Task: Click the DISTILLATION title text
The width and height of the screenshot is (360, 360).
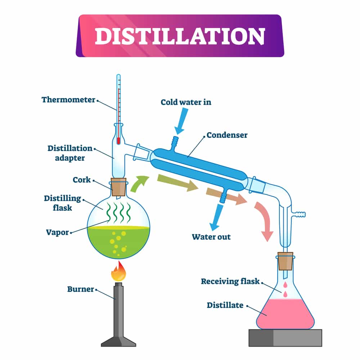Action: (180, 36)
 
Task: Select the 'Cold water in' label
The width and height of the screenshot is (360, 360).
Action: (186, 102)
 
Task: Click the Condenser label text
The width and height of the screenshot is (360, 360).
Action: (227, 135)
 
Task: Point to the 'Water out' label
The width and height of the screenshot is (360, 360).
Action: (211, 237)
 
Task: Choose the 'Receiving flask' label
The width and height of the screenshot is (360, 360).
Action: (230, 281)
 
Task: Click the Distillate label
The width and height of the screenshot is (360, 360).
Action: (225, 305)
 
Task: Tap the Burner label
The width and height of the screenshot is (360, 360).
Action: (80, 289)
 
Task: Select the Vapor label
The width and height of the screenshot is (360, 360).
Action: (57, 232)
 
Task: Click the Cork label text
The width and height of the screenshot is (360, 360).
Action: (82, 180)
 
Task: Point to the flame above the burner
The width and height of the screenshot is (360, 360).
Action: (118, 273)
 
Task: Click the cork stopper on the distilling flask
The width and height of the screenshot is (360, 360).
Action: (118, 187)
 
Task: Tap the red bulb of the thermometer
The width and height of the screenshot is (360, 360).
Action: (118, 141)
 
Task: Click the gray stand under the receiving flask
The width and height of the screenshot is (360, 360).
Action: (285, 338)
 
